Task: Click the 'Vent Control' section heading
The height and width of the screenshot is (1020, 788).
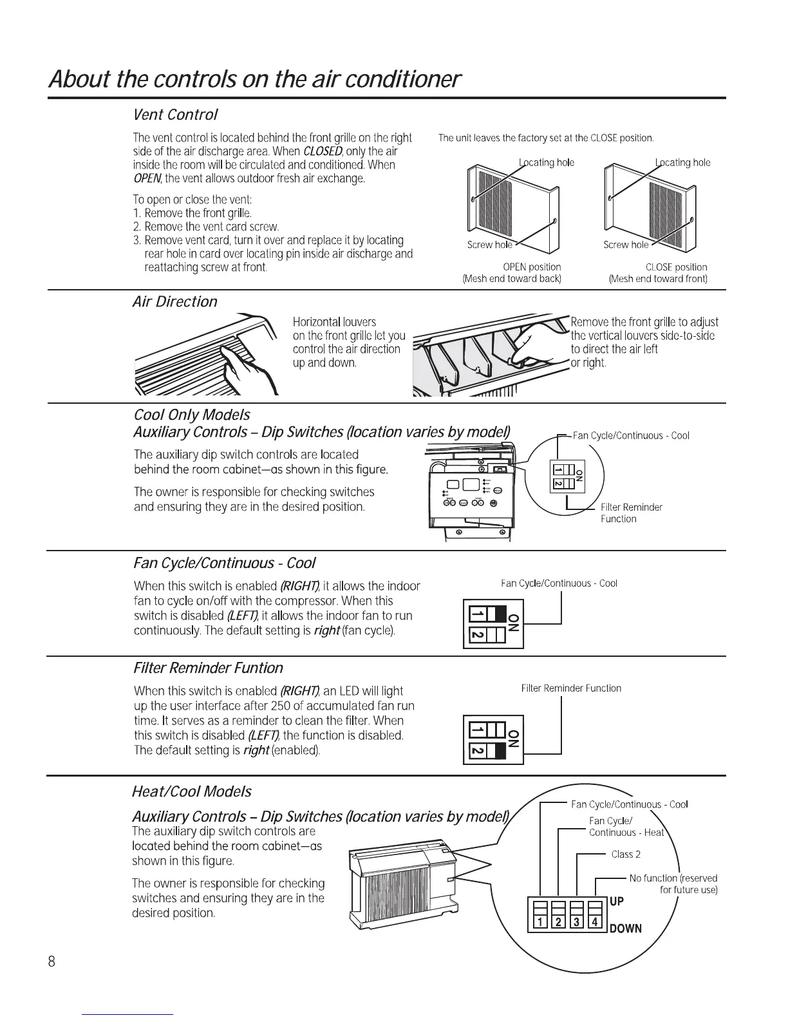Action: (175, 115)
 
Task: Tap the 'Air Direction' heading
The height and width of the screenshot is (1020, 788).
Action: (174, 301)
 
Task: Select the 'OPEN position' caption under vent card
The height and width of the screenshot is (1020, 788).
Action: (531, 267)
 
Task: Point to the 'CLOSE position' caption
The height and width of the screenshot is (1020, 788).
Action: (676, 267)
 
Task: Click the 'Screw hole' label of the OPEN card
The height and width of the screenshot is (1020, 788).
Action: (490, 245)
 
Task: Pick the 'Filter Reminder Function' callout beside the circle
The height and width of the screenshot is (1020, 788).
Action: (630, 513)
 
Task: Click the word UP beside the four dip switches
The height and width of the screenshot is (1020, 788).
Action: (616, 901)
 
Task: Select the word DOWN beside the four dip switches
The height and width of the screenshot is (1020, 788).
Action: (625, 928)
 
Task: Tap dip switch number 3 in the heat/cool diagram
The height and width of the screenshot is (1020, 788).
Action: (577, 921)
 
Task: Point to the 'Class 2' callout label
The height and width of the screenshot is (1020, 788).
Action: (626, 854)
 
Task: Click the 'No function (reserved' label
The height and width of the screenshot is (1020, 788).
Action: (673, 878)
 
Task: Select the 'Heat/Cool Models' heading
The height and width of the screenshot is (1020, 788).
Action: (191, 791)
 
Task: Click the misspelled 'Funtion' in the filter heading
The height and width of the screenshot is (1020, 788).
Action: (259, 668)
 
